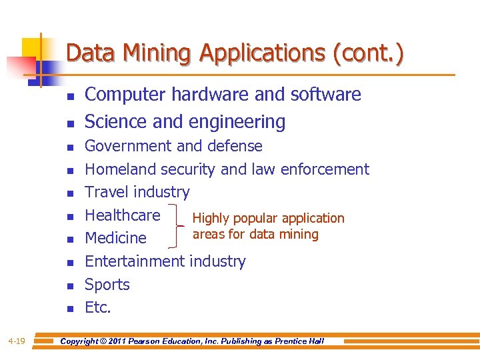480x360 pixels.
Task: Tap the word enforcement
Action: tap(325, 169)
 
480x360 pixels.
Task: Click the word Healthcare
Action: tap(123, 215)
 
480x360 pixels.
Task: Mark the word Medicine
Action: tap(115, 238)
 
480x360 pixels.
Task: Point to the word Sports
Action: tap(107, 285)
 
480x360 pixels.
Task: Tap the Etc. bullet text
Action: tap(98, 307)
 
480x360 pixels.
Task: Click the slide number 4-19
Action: tap(17, 341)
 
